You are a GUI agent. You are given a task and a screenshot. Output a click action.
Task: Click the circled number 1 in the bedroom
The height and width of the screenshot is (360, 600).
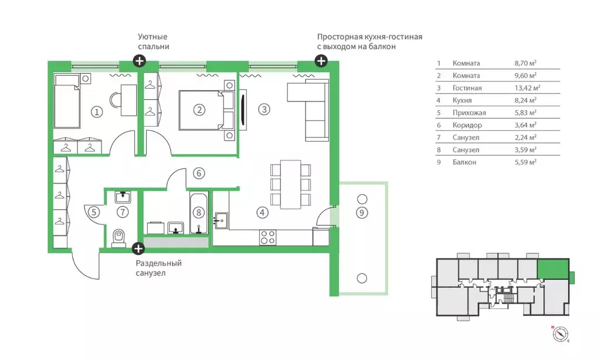tap(97, 112)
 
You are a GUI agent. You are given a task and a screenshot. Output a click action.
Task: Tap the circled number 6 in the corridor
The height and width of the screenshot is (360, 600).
tap(199, 174)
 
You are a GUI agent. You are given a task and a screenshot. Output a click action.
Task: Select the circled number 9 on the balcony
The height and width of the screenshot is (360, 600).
tap(362, 212)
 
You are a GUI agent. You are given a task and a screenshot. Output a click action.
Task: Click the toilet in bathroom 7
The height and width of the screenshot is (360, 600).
tap(119, 239)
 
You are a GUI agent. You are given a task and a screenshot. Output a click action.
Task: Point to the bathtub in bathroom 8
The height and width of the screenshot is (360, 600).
tap(199, 213)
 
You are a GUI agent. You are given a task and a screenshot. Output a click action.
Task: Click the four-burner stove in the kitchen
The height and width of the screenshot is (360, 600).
tap(267, 237)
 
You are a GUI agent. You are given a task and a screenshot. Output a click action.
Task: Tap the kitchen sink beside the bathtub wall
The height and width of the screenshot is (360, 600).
tap(221, 220)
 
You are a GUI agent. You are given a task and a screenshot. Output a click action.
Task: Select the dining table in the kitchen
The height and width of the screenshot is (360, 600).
tap(290, 185)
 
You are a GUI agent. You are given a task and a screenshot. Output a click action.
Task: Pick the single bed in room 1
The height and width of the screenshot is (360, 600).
tap(67, 101)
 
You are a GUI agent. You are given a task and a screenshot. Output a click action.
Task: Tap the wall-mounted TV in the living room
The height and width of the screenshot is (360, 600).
tap(243, 110)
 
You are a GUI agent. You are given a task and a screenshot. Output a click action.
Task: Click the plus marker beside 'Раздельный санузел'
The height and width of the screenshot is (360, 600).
tap(138, 249)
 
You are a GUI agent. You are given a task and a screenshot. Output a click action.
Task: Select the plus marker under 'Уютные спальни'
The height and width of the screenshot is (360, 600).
tap(139, 61)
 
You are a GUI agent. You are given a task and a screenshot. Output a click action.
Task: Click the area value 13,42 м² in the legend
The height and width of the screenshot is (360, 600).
tap(527, 87)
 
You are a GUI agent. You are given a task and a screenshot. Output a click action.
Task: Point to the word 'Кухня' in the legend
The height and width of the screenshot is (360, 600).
tap(462, 100)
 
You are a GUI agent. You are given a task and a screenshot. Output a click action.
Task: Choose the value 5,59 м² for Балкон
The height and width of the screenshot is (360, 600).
tap(525, 162)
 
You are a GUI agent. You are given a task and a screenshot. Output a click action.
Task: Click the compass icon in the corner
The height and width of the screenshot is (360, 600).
tap(560, 334)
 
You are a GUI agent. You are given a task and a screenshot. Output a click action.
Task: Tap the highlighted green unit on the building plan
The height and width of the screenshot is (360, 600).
tap(553, 269)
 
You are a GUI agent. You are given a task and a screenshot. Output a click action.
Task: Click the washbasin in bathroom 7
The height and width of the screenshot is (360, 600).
tap(123, 197)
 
